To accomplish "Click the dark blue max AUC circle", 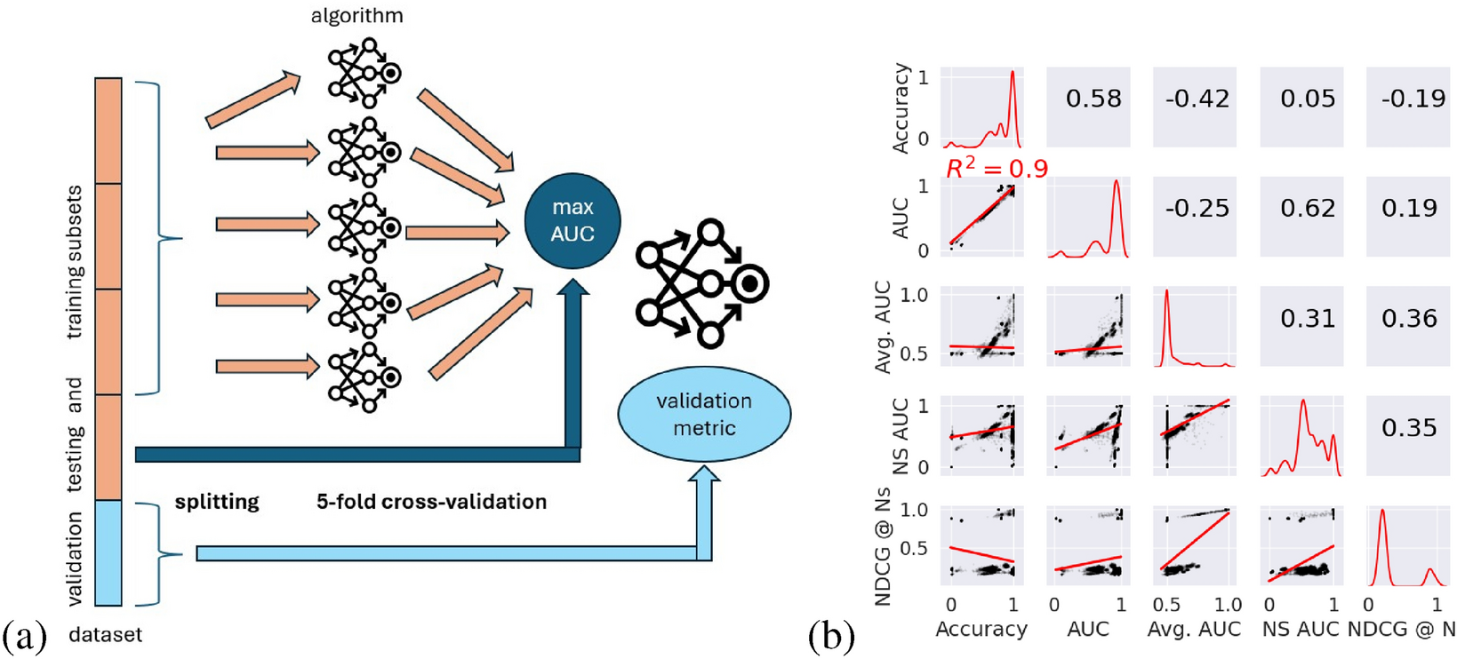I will (x=572, y=220).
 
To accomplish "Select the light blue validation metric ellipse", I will (x=703, y=414).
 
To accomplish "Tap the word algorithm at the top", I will (x=356, y=16).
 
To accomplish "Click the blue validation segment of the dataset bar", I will (x=108, y=552).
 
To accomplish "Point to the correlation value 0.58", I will (x=1093, y=99).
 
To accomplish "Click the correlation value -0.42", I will (x=1197, y=99).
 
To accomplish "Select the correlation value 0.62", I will (x=1307, y=208).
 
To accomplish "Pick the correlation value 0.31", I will (x=1307, y=318).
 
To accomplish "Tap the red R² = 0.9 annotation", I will (x=996, y=169).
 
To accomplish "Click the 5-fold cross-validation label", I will (x=431, y=502).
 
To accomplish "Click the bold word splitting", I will (x=217, y=502).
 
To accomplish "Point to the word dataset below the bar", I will (x=105, y=635).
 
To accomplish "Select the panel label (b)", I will (x=831, y=636).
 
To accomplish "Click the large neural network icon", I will (x=702, y=283).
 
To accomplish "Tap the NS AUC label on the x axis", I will (x=1300, y=630).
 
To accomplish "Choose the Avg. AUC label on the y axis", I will (x=883, y=326).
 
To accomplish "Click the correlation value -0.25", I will (x=1197, y=208).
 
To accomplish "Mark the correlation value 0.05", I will (x=1307, y=99).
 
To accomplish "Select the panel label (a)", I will (x=24, y=636).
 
